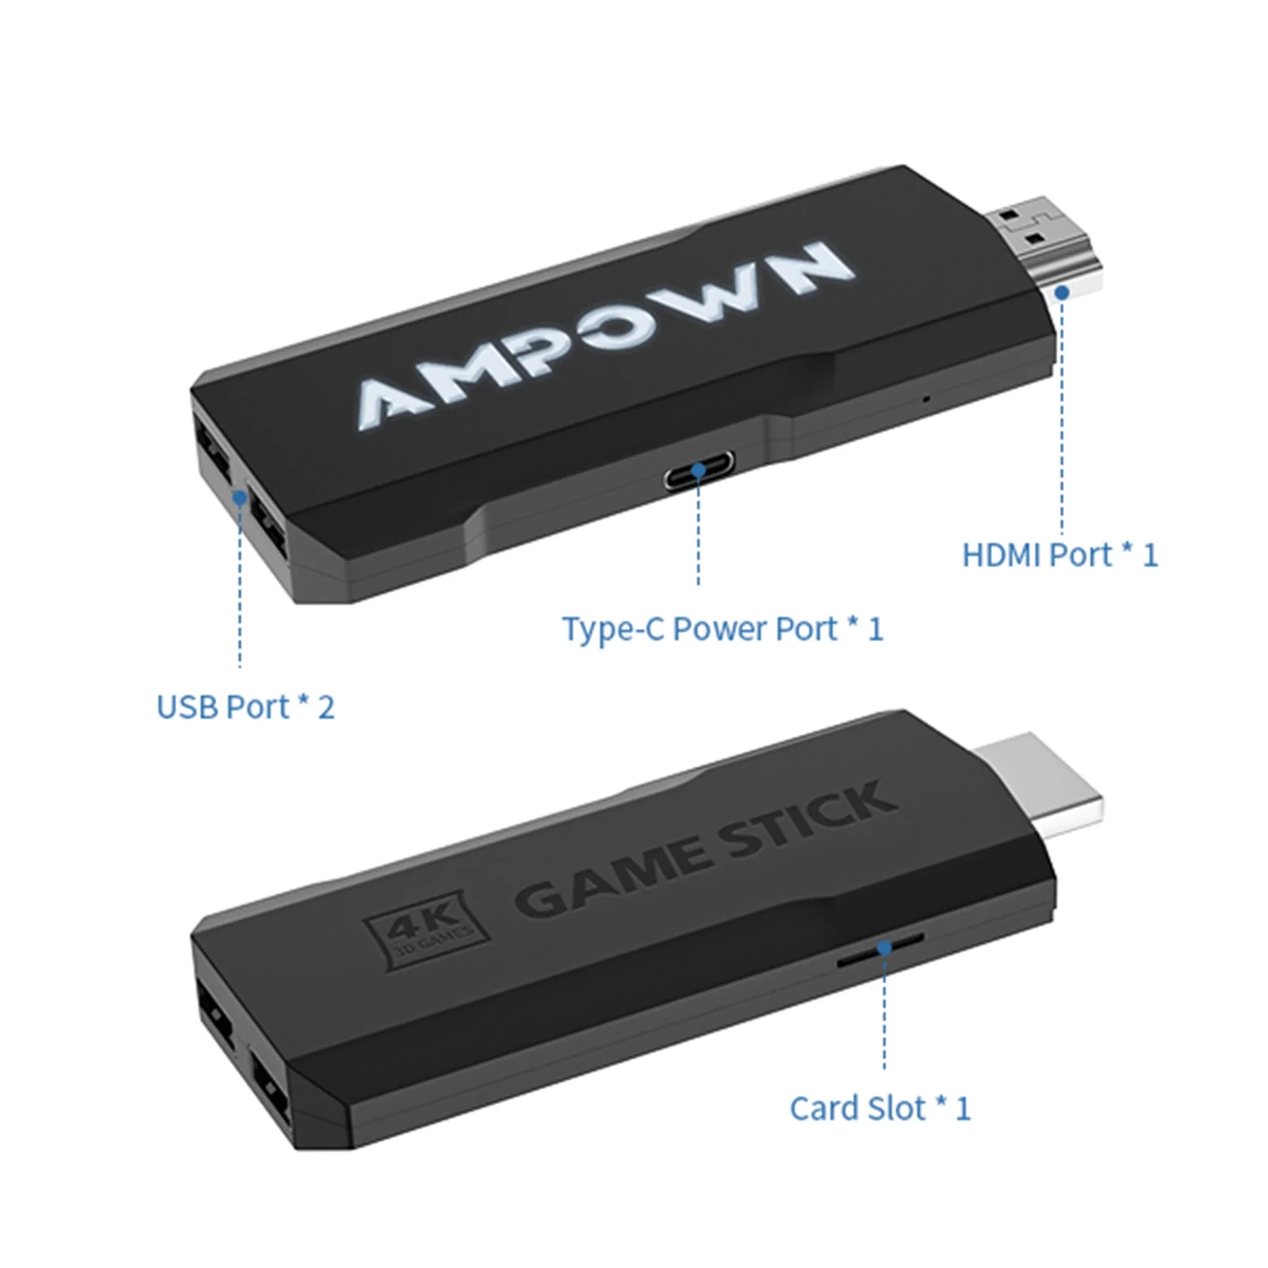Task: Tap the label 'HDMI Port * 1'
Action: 1060,555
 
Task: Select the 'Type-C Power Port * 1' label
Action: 722,629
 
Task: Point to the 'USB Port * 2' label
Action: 246,706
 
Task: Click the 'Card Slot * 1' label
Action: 879,1108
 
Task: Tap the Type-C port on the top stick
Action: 699,470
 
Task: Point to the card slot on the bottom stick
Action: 881,948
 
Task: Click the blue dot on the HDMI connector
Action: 1062,292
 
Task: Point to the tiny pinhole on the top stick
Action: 924,398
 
